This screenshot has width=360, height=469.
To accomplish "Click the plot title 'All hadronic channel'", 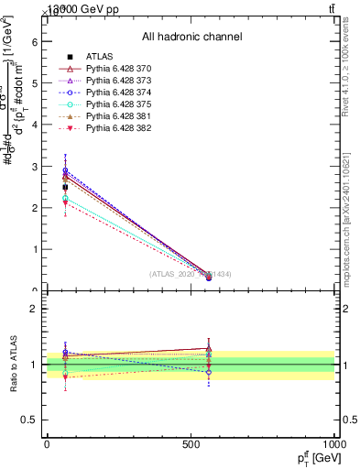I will point(191,38).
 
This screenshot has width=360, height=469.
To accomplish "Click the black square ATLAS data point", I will point(65,187).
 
